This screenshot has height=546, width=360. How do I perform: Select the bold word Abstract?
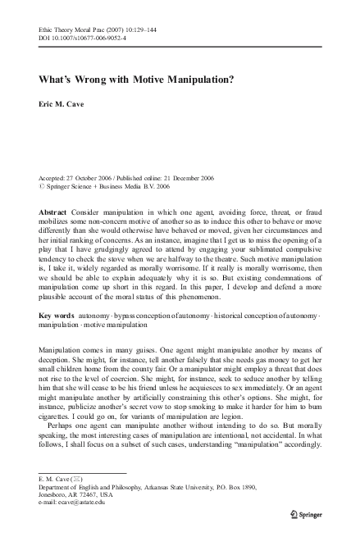click(x=53, y=212)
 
